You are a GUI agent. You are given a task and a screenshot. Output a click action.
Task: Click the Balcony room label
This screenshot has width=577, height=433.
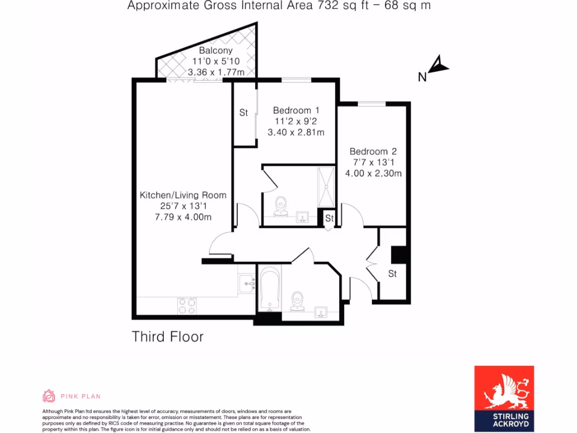211,51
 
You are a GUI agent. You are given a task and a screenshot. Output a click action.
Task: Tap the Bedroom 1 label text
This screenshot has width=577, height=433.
296,111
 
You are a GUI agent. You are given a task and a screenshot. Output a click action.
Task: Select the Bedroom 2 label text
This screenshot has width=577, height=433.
373,152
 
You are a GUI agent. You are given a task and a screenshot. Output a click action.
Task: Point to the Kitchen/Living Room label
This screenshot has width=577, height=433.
183,196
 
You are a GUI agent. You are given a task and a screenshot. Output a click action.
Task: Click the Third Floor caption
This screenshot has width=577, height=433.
167,337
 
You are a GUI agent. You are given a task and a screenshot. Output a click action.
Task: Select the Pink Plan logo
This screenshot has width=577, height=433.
72,396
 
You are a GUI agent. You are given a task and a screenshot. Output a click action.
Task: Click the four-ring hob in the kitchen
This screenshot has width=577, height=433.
187,306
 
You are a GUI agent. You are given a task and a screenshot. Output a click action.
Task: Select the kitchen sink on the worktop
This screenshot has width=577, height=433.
247,284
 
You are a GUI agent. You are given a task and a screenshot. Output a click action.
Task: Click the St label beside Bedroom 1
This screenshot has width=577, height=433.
243,113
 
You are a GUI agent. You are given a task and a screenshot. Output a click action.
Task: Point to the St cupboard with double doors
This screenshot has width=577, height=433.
392,274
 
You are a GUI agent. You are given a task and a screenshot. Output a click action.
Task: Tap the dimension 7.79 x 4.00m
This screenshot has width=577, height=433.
183,217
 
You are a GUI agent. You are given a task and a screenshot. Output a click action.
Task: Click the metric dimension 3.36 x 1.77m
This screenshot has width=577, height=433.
216,72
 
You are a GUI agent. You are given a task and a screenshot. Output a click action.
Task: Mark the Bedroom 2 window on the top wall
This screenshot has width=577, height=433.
372,103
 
